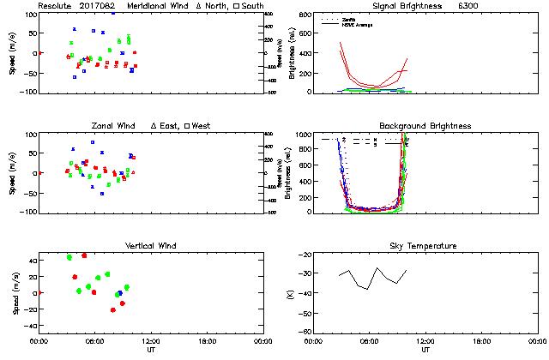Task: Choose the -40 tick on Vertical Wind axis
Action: (x=28, y=326)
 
